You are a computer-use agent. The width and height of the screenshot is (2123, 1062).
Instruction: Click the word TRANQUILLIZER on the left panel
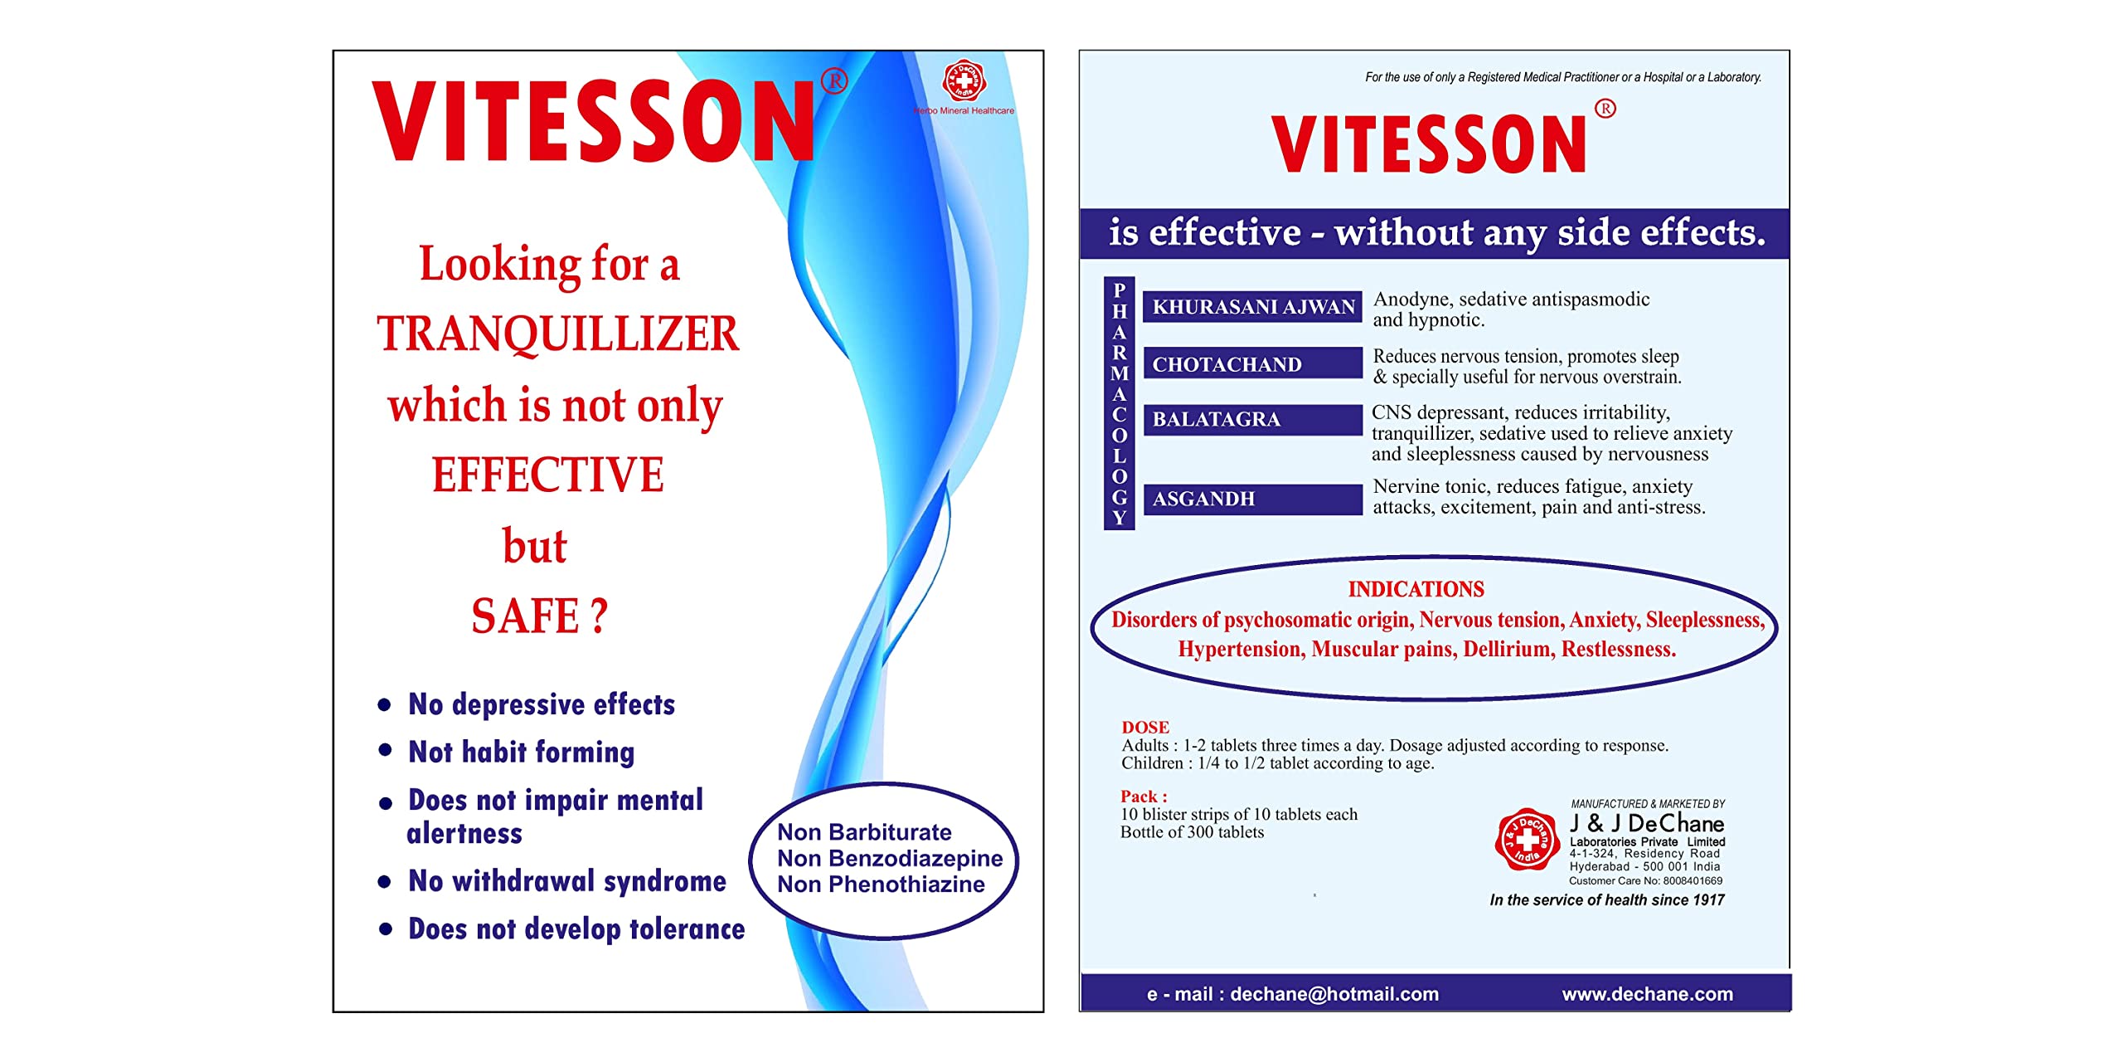pyautogui.click(x=557, y=334)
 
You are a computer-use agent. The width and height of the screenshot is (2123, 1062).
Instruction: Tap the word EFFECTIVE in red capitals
pyautogui.click(x=547, y=475)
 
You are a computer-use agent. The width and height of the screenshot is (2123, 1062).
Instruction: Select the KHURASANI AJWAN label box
pyautogui.click(x=1252, y=307)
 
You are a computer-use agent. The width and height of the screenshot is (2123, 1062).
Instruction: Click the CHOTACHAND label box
pyautogui.click(x=1252, y=363)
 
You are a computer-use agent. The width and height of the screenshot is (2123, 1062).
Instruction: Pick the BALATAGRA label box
pyautogui.click(x=1252, y=420)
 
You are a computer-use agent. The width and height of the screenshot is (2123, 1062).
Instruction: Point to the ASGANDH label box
pyautogui.click(x=1252, y=499)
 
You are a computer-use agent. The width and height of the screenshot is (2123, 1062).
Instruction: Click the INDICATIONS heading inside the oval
pyautogui.click(x=1416, y=589)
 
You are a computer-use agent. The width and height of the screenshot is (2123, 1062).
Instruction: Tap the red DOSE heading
pyautogui.click(x=1145, y=727)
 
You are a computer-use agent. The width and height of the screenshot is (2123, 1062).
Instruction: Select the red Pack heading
pyautogui.click(x=1144, y=796)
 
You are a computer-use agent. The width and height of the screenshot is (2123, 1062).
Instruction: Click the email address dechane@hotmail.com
pyautogui.click(x=1334, y=994)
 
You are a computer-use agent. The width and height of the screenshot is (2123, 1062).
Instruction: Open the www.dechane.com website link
pyautogui.click(x=1647, y=994)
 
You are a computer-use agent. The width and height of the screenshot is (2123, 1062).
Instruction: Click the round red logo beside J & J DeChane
pyautogui.click(x=1527, y=839)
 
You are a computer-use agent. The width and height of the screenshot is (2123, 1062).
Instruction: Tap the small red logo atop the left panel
pyautogui.click(x=963, y=81)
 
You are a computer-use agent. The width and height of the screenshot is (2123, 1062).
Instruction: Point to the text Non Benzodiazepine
pyautogui.click(x=890, y=858)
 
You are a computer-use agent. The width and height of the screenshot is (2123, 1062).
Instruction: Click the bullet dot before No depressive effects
pyautogui.click(x=384, y=705)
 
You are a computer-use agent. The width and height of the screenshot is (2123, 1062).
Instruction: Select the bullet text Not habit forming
pyautogui.click(x=521, y=752)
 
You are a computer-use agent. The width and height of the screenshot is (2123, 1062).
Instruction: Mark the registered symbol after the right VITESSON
pyautogui.click(x=1605, y=109)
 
